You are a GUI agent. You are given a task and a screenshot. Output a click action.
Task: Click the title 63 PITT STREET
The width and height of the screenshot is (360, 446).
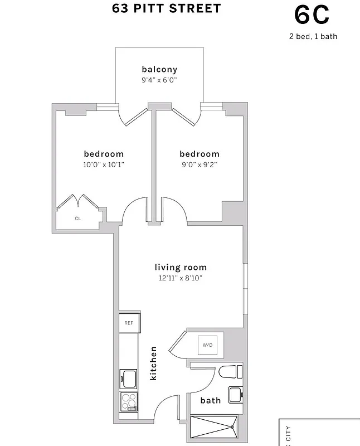click(x=159, y=8)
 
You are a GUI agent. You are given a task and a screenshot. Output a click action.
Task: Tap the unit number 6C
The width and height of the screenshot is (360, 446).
click(x=312, y=15)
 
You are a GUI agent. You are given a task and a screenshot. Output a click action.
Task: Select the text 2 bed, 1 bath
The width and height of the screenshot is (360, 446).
click(x=313, y=37)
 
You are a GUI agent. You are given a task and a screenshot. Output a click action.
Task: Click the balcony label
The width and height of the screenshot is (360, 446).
click(x=159, y=70)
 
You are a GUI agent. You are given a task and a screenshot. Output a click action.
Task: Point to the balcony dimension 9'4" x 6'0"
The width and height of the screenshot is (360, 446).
click(x=159, y=80)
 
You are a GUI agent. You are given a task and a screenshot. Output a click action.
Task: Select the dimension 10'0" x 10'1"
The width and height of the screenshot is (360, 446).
click(x=104, y=164)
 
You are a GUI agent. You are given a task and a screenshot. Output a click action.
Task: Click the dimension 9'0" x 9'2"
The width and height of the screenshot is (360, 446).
click(x=199, y=164)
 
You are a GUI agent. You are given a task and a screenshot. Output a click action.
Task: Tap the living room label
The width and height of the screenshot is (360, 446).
click(x=181, y=267)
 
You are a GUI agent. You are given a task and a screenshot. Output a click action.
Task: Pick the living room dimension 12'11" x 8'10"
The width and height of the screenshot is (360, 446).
click(x=181, y=278)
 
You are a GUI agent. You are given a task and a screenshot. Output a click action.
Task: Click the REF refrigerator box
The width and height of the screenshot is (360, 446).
click(x=129, y=323)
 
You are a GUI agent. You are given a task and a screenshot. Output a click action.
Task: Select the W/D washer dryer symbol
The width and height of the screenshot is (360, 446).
click(x=207, y=345)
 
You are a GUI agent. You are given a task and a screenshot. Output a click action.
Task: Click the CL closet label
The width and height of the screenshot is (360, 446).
click(x=78, y=219)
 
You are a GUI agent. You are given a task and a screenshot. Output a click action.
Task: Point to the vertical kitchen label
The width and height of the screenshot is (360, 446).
click(x=154, y=363)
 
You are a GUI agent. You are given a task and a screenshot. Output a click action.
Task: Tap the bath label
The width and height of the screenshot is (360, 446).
click(x=210, y=400)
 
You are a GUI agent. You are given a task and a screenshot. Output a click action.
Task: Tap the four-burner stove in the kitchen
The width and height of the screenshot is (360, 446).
click(x=129, y=401)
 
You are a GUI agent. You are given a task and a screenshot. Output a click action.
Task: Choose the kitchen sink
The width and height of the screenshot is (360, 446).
click(x=129, y=379)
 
